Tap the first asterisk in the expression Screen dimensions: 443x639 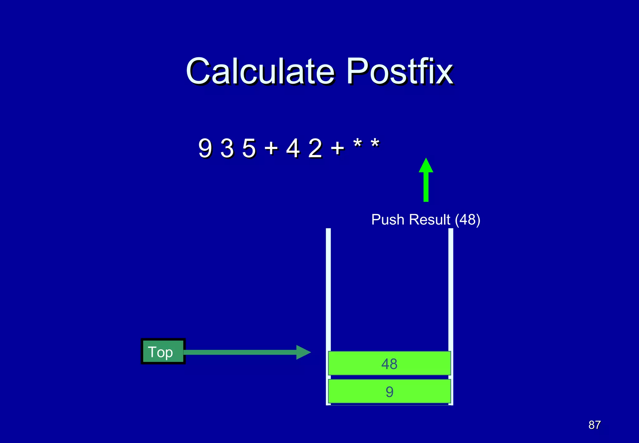coord(358,144)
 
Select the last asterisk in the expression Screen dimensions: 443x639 coord(375,144)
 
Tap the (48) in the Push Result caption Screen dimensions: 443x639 coord(467,220)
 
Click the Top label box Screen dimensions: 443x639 coord(163,351)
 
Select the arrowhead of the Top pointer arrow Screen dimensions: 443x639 coord(303,352)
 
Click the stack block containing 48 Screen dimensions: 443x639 coord(389,363)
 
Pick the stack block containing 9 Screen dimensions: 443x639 coord(389,391)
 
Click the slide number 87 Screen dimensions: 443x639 coord(594,425)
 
